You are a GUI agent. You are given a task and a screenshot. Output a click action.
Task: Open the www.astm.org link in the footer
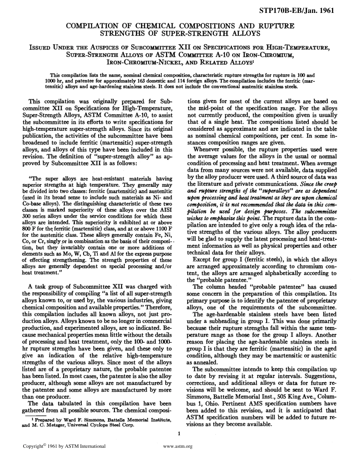(178, 447)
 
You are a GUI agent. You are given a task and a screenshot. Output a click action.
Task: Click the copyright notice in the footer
(64, 447)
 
